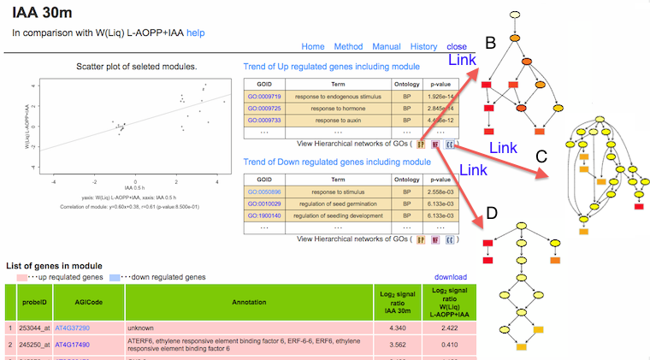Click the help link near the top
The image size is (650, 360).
click(x=196, y=32)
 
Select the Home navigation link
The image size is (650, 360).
click(x=313, y=46)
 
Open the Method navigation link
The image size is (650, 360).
click(x=348, y=46)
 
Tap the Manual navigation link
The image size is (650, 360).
click(x=387, y=46)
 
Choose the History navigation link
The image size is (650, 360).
click(x=423, y=46)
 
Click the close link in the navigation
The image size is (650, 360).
click(x=457, y=46)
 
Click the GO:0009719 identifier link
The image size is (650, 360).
click(x=264, y=97)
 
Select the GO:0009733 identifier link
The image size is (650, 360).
click(x=264, y=121)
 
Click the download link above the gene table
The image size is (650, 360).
click(x=451, y=277)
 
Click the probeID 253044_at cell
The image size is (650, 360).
click(x=33, y=328)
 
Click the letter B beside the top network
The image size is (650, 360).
click(x=490, y=43)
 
